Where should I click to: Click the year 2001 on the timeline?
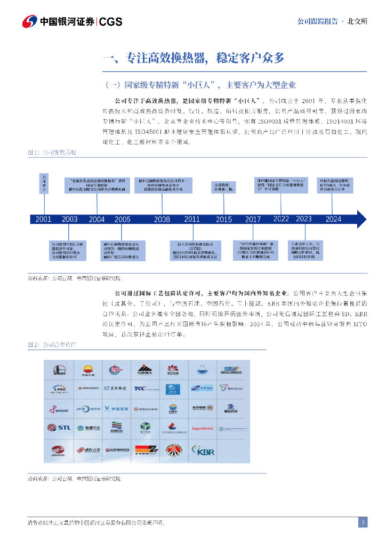[x=43, y=219]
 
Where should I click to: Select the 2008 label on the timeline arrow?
[x=162, y=219]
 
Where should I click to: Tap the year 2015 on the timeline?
[x=224, y=219]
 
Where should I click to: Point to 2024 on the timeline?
[x=333, y=219]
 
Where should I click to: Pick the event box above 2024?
[x=334, y=185]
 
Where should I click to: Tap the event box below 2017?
[x=254, y=251]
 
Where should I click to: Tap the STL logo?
[x=60, y=428]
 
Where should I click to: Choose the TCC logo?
[x=143, y=389]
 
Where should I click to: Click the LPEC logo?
[x=60, y=389]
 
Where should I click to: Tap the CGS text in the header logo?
[x=111, y=22]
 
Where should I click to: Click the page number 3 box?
[x=363, y=523]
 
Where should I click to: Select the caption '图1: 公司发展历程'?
[x=52, y=152]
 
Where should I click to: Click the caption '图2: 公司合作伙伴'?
[x=52, y=345]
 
